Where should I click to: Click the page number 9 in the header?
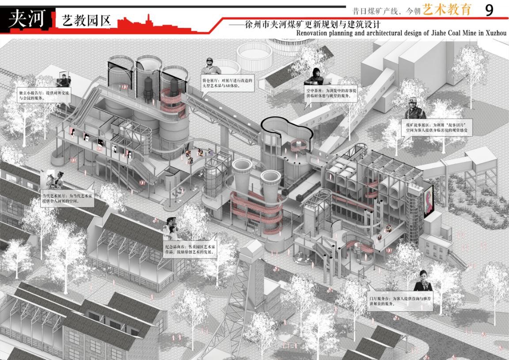coord(489,10)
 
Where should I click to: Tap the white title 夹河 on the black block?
coord(27,19)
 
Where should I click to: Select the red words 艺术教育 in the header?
coord(447,10)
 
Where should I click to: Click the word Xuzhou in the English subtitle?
coord(496,33)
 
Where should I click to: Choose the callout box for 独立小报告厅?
coord(38,96)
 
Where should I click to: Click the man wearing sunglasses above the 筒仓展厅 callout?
coord(211,67)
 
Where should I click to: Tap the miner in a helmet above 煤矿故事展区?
coord(413,108)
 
